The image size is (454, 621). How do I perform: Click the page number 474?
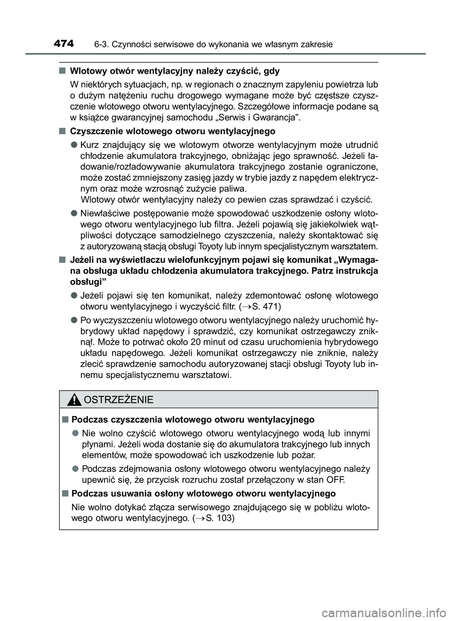click(x=64, y=44)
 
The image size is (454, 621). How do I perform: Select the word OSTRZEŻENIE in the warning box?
click(x=118, y=400)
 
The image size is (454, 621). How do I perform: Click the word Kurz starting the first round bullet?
click(x=90, y=144)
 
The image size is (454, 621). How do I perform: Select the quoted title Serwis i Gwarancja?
click(x=257, y=117)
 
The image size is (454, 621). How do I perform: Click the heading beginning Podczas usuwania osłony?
click(x=203, y=493)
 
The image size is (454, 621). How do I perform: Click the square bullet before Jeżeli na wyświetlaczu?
click(x=62, y=260)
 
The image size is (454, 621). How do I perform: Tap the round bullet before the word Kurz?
click(x=74, y=144)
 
